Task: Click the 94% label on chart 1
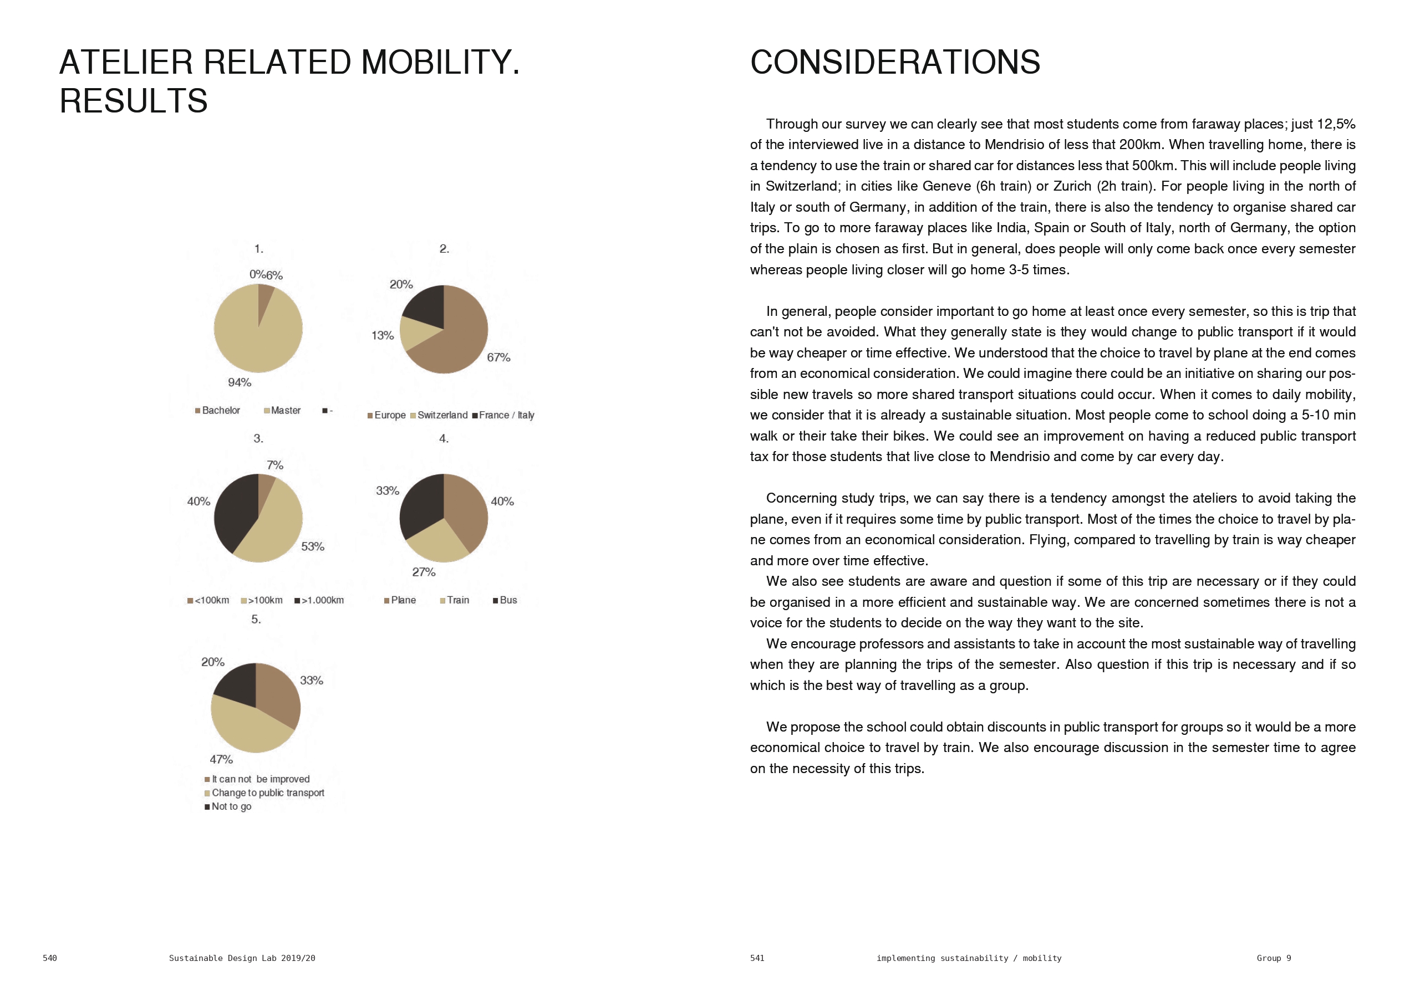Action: pyautogui.click(x=239, y=382)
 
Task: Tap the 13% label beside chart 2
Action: pyautogui.click(x=382, y=336)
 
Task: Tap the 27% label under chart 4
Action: pyautogui.click(x=424, y=572)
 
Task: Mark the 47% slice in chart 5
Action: pyautogui.click(x=247, y=727)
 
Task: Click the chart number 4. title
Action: pyautogui.click(x=444, y=439)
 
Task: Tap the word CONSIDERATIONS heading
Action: pyautogui.click(x=895, y=63)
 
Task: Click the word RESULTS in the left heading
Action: pyautogui.click(x=134, y=101)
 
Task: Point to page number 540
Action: pyautogui.click(x=50, y=958)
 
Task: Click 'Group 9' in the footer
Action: pyautogui.click(x=1273, y=958)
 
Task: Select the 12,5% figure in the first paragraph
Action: pyautogui.click(x=1336, y=125)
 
